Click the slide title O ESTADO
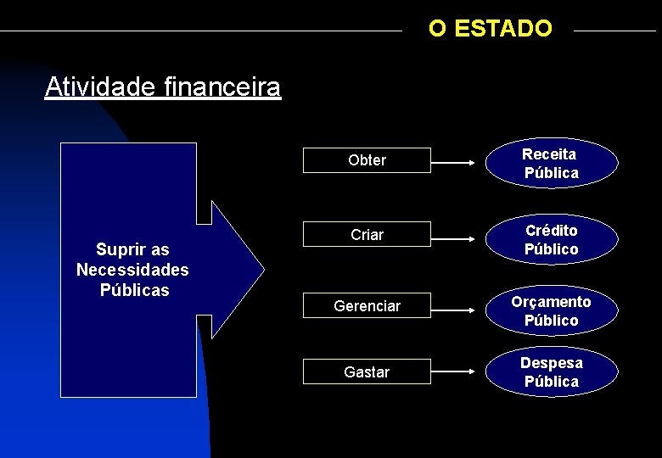pyautogui.click(x=490, y=29)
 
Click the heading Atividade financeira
pyautogui.click(x=162, y=87)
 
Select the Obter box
pyautogui.click(x=367, y=160)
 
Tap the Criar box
pyautogui.click(x=367, y=235)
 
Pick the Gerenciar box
pyautogui.click(x=367, y=306)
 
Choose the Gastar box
pyautogui.click(x=367, y=372)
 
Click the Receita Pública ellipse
pyautogui.click(x=551, y=164)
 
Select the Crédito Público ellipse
pyautogui.click(x=551, y=240)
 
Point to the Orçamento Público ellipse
pyautogui.click(x=551, y=311)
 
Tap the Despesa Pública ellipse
pyautogui.click(x=551, y=372)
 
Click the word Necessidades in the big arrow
pyautogui.click(x=132, y=270)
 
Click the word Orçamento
pyautogui.click(x=551, y=302)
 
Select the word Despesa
pyautogui.click(x=551, y=363)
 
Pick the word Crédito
pyautogui.click(x=551, y=231)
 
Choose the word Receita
pyautogui.click(x=549, y=154)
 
